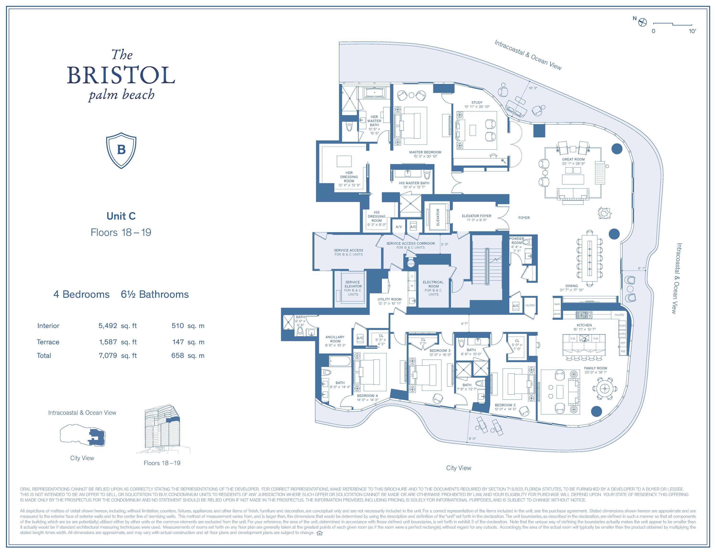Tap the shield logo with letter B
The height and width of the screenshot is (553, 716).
(121, 150)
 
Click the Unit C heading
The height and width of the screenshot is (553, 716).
(121, 216)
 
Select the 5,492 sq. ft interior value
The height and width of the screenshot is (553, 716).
(117, 326)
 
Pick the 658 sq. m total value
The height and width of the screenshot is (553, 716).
(188, 355)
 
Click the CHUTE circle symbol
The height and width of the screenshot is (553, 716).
(411, 263)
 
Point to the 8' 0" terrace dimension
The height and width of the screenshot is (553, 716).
(472, 438)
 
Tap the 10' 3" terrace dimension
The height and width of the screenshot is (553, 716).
(533, 88)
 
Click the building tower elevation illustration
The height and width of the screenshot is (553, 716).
(162, 429)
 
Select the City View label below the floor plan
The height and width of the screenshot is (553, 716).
(458, 468)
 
